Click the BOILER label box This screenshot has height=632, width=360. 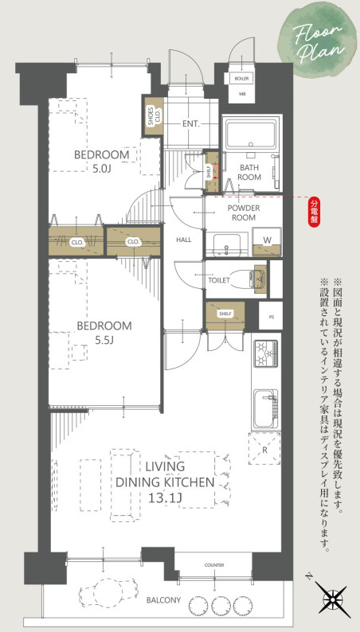click(x=242, y=79)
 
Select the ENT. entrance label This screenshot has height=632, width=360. click(x=190, y=124)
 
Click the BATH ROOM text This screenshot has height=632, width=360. click(x=251, y=172)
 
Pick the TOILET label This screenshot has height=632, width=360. click(x=218, y=280)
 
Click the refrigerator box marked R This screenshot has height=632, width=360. click(x=264, y=448)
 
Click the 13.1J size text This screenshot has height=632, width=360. click(x=165, y=499)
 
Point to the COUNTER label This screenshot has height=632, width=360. click(x=213, y=565)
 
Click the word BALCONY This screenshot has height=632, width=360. click(x=163, y=600)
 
